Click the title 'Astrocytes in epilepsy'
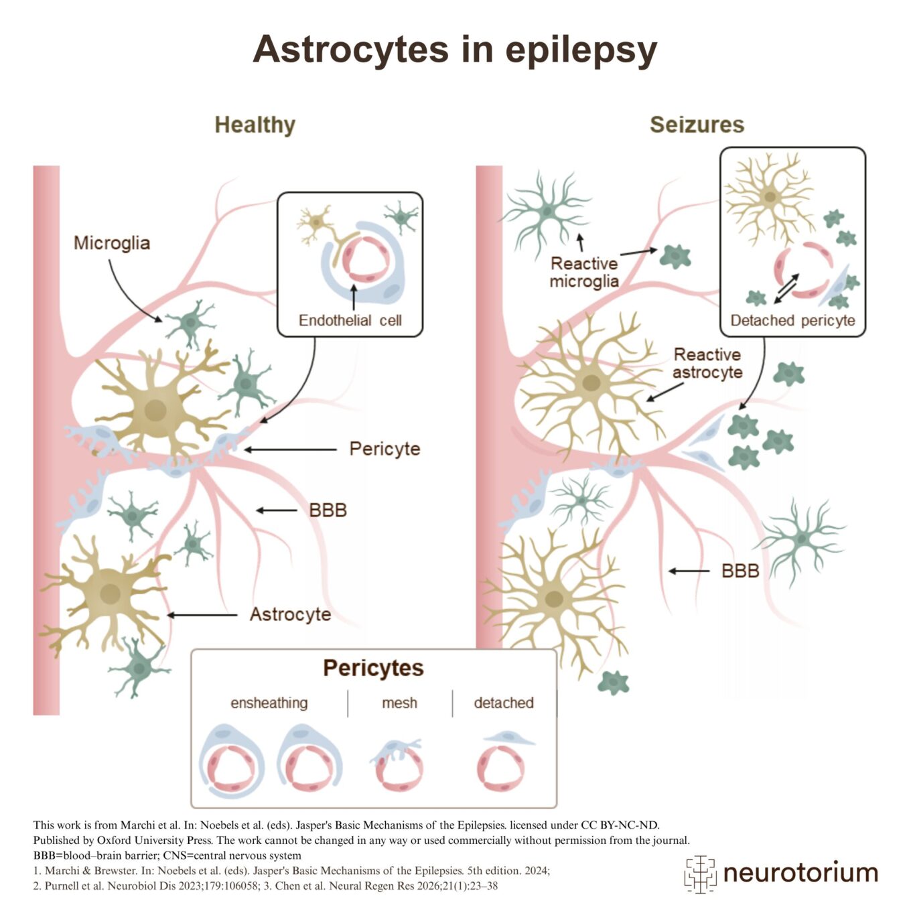455,50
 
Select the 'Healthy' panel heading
255,125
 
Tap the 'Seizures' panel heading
697,125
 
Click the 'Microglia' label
112,243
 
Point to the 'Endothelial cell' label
350,320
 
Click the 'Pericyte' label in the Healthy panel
384,449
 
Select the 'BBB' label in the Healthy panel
328,510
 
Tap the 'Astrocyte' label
290,614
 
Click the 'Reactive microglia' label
583,272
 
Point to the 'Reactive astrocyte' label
707,363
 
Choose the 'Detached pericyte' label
792,320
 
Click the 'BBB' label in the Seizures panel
740,571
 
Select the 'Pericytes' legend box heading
373,668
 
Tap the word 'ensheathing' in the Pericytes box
269,703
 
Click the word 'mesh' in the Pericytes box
399,703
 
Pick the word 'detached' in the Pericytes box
504,703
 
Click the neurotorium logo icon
700,873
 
